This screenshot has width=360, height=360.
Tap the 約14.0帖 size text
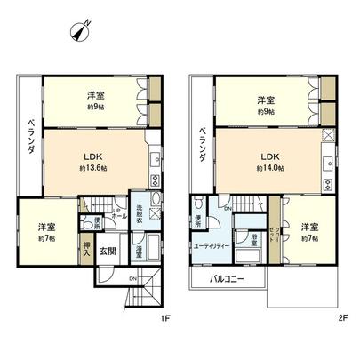click(x=269, y=167)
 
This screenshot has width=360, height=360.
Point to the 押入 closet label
click(x=110, y=252)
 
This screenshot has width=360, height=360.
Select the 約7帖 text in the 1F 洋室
click(x=45, y=238)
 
